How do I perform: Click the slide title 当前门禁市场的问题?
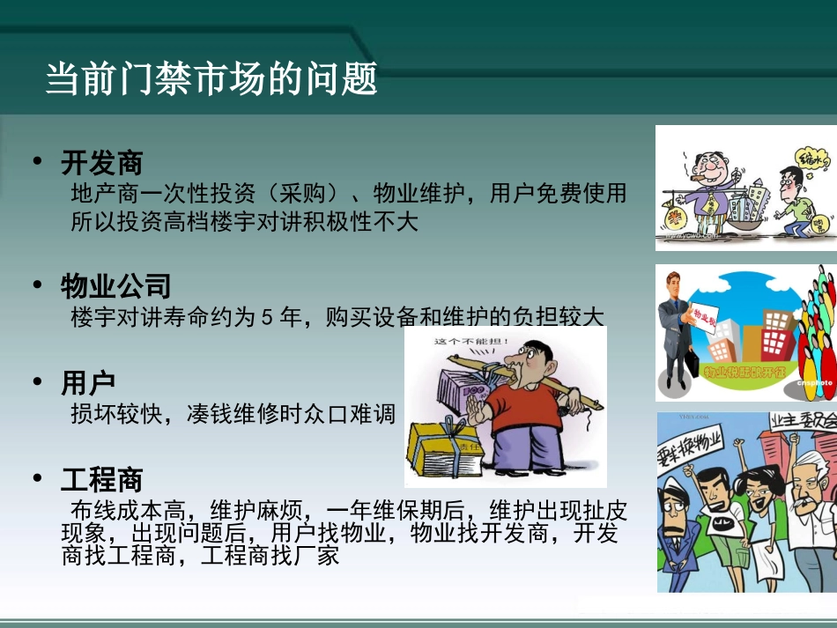211,78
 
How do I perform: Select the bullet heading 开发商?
101,162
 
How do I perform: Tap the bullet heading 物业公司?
115,285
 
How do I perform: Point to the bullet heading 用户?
88,382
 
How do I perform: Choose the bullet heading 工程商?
101,479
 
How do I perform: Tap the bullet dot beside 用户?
37,380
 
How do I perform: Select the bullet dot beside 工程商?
37,477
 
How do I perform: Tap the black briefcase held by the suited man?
693,364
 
